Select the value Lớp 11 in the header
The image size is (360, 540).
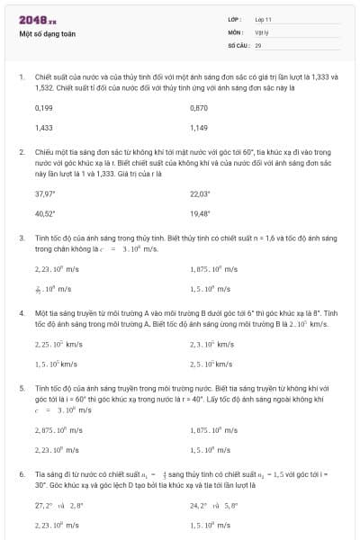click(x=264, y=19)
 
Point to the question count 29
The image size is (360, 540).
click(x=258, y=44)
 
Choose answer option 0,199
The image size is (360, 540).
click(x=43, y=107)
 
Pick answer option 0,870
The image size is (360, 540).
click(x=199, y=107)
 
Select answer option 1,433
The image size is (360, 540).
click(x=43, y=128)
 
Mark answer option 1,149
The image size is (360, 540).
click(x=199, y=128)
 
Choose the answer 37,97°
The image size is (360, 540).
click(x=45, y=193)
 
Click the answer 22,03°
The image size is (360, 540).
click(x=200, y=193)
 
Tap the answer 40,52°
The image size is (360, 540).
click(x=45, y=214)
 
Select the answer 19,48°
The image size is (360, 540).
click(x=200, y=214)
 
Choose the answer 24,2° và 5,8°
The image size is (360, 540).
click(x=212, y=506)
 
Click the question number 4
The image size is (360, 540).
click(x=21, y=312)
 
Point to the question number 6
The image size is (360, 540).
click(x=21, y=473)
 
